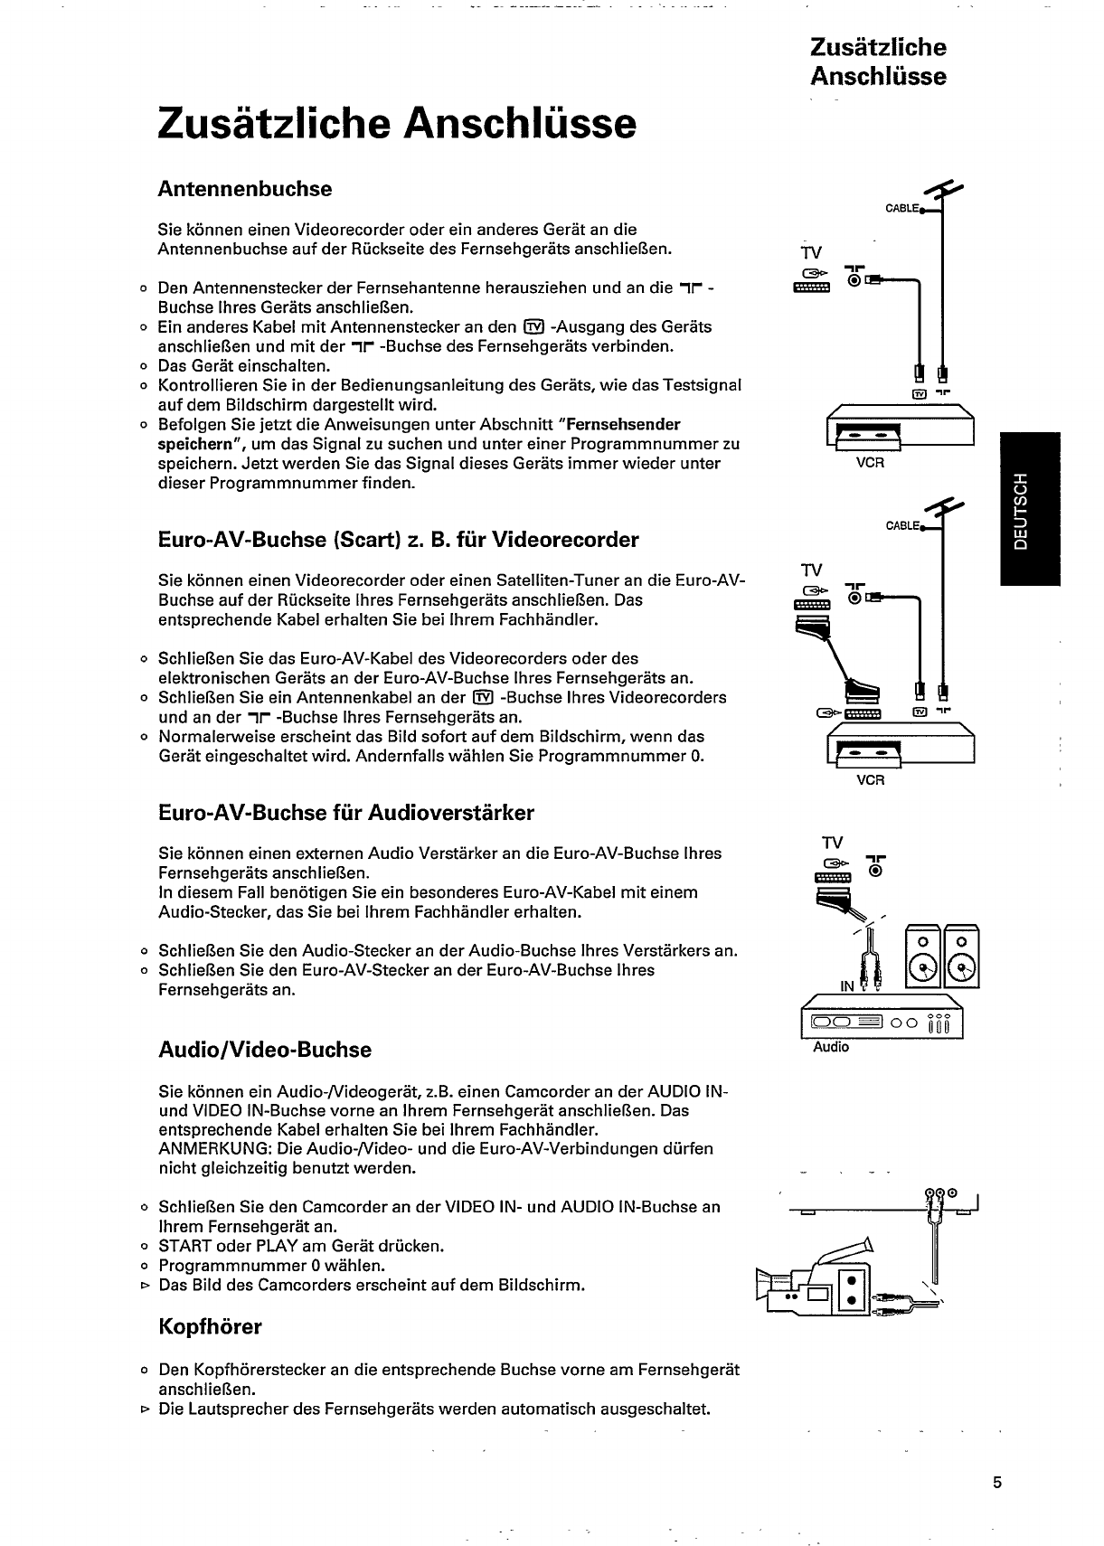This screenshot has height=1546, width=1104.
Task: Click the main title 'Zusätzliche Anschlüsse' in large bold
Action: pyautogui.click(x=396, y=124)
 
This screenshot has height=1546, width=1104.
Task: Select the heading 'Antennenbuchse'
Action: pyautogui.click(x=244, y=189)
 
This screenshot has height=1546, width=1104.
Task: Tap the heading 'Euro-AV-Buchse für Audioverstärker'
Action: pyautogui.click(x=345, y=813)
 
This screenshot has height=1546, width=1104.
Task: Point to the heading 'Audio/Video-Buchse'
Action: pyautogui.click(x=264, y=1050)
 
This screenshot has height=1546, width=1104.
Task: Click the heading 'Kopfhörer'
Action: pyautogui.click(x=210, y=1327)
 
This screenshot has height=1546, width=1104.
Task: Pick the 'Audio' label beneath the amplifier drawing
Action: pyautogui.click(x=831, y=1047)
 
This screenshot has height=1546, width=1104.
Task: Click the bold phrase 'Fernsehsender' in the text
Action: pyautogui.click(x=624, y=424)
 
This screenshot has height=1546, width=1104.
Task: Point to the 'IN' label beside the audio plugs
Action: pyautogui.click(x=847, y=986)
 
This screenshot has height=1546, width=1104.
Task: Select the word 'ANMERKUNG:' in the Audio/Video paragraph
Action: pyautogui.click(x=204, y=1148)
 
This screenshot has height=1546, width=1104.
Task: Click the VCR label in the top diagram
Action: pyautogui.click(x=869, y=463)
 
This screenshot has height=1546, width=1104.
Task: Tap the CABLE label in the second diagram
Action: pyautogui.click(x=901, y=525)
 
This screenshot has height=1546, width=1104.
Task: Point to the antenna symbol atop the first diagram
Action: pyautogui.click(x=945, y=192)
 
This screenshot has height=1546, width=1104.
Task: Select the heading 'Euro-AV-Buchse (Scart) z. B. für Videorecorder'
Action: pyautogui.click(x=398, y=540)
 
